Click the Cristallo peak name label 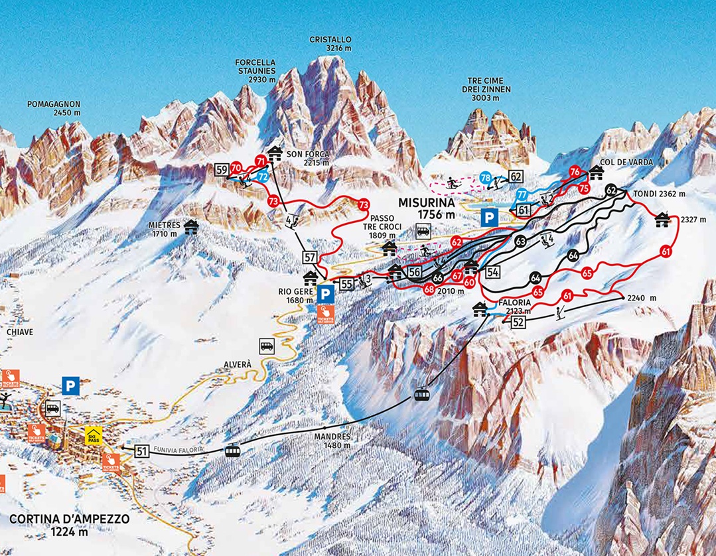[x=330, y=44]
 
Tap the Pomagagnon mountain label [x=54, y=108]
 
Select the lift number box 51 [x=141, y=451]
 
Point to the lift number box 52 [x=518, y=322]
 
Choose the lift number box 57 [x=309, y=257]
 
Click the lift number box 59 [x=222, y=170]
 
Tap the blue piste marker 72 [x=263, y=177]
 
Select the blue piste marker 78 [x=486, y=177]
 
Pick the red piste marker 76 [x=575, y=173]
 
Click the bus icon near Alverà [x=267, y=346]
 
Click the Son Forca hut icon [x=275, y=153]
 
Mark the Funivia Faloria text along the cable [x=177, y=450]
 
